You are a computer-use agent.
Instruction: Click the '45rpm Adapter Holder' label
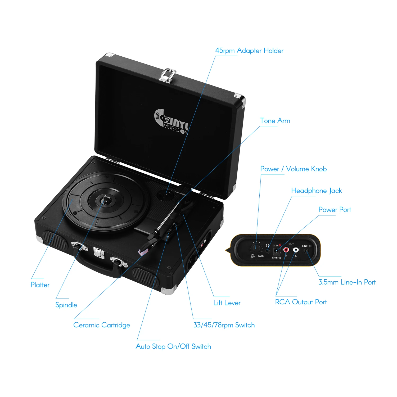tap(249, 51)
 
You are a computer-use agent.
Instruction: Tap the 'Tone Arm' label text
tap(275, 121)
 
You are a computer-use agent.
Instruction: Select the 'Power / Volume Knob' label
tap(293, 169)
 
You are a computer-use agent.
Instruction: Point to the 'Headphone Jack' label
tap(317, 191)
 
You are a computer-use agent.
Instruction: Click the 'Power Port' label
tap(335, 210)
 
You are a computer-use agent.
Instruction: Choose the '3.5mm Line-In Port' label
tap(347, 282)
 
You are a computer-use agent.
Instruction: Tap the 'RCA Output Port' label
tap(301, 302)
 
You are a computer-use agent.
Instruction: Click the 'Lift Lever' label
tap(227, 303)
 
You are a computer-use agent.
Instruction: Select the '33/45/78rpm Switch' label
tap(224, 325)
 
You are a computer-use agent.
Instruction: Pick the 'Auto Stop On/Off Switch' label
tap(173, 346)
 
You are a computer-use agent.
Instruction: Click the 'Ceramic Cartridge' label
tap(102, 325)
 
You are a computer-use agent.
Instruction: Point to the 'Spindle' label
tap(66, 305)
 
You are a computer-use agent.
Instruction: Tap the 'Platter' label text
tap(40, 285)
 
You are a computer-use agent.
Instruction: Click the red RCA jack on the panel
tap(286, 250)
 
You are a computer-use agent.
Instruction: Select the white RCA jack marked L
tap(296, 250)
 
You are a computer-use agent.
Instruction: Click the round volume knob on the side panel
tap(256, 248)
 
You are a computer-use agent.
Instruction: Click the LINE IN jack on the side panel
tap(306, 251)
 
